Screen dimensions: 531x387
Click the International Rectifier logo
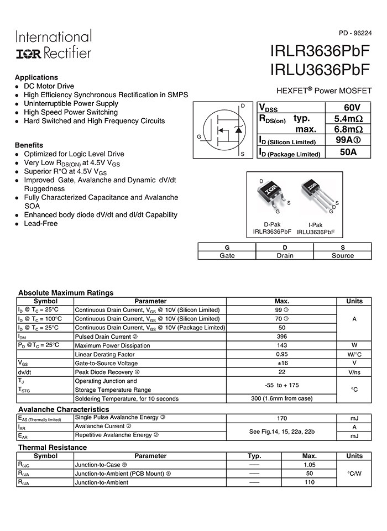(x=53, y=45)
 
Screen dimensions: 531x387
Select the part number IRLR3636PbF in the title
(x=320, y=51)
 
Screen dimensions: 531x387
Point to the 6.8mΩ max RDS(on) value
(x=348, y=129)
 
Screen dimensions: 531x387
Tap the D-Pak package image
(x=271, y=197)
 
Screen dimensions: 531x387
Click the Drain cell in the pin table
(x=285, y=255)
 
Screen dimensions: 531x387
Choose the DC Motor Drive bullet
(x=49, y=86)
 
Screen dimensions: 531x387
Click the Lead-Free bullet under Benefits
(x=40, y=224)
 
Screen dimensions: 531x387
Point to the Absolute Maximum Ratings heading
(x=66, y=293)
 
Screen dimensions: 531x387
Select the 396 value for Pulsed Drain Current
(x=282, y=337)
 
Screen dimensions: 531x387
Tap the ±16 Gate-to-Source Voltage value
(x=282, y=363)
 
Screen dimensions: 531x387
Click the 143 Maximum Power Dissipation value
(x=282, y=345)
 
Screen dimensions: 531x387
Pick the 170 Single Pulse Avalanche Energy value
(x=282, y=418)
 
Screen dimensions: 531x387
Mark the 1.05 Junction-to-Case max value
(x=310, y=465)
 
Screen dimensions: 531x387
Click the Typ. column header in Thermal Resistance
(x=254, y=456)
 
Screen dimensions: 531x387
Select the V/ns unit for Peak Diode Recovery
(x=354, y=372)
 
